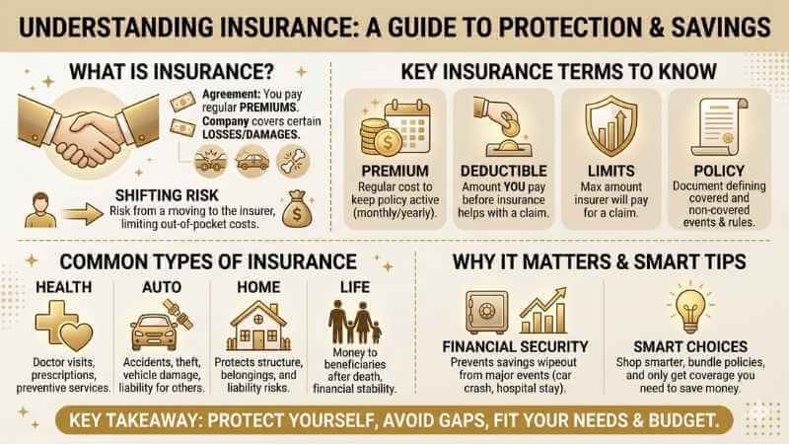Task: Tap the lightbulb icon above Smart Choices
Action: point(689,305)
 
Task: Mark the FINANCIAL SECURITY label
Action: point(516,346)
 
